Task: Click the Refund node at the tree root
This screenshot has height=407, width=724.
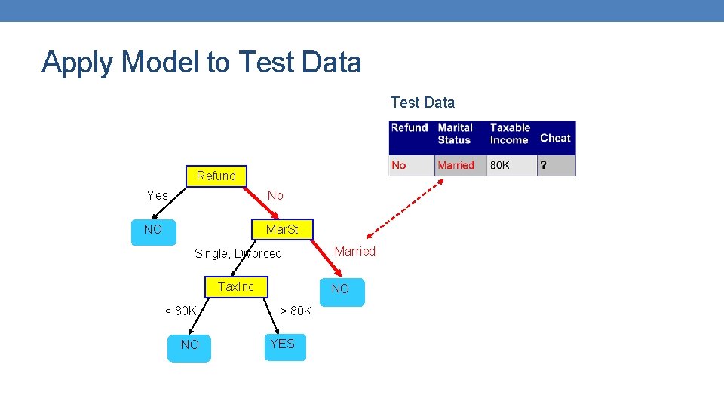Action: pos(216,176)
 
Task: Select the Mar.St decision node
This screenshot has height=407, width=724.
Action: pos(281,229)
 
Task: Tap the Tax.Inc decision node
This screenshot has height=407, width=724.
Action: pos(235,286)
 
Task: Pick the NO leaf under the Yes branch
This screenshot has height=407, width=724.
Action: pos(153,230)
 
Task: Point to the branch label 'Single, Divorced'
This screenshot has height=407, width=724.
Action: pos(238,253)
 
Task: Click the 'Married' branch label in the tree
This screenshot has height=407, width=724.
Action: pos(354,251)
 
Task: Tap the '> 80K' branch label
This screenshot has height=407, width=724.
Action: pos(296,311)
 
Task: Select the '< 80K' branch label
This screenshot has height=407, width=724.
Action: pos(180,311)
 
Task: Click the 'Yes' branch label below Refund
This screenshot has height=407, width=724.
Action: pos(158,195)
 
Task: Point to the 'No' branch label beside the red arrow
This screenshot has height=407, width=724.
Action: pos(275,195)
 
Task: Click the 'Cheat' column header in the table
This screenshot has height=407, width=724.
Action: pos(555,138)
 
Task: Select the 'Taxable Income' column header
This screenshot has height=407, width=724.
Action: pos(510,133)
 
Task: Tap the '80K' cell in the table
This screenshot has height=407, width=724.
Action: pos(499,165)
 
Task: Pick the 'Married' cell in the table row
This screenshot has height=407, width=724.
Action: pos(456,165)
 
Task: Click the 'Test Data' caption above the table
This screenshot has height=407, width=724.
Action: pos(422,103)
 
